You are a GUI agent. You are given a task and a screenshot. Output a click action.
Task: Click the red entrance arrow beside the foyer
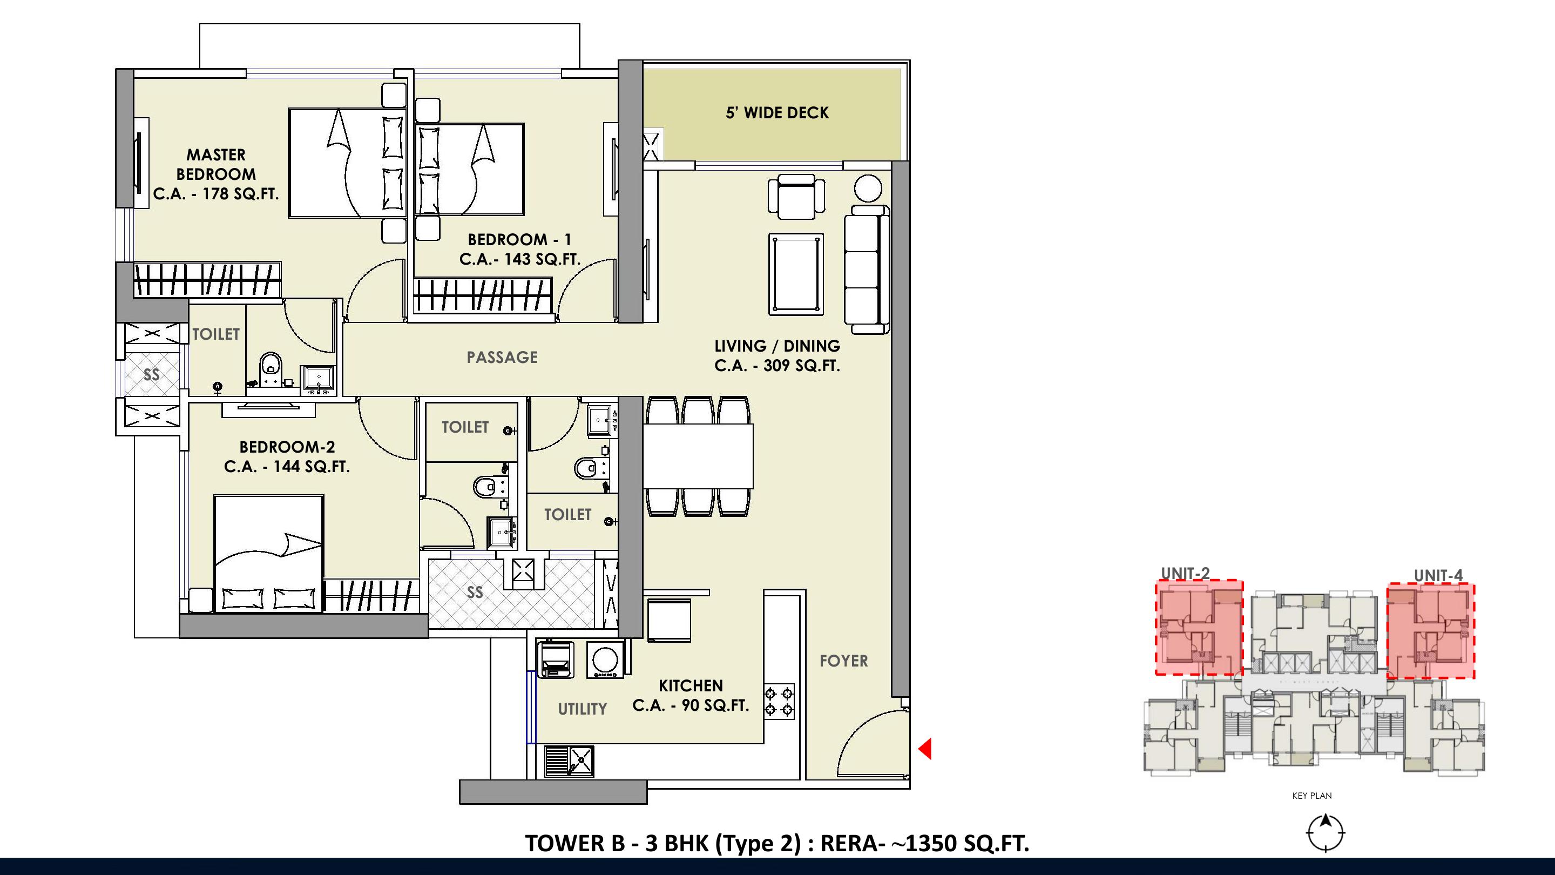(925, 749)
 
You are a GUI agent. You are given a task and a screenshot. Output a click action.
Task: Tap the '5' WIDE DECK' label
(777, 113)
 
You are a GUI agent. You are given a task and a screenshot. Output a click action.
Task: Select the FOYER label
(843, 661)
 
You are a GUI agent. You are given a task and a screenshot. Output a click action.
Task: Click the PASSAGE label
(502, 358)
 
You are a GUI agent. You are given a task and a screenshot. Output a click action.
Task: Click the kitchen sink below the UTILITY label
(569, 761)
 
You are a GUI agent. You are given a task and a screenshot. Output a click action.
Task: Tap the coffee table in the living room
(796, 274)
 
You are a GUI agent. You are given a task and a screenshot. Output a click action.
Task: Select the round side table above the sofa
(868, 189)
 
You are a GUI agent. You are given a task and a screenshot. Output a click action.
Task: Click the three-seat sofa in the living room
(866, 270)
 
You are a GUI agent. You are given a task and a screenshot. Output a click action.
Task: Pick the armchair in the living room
(796, 196)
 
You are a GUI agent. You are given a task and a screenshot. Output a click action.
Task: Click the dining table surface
(698, 456)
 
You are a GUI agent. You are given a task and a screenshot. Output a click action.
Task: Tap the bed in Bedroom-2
(269, 554)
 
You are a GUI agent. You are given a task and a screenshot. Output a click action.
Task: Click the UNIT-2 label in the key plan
(1186, 574)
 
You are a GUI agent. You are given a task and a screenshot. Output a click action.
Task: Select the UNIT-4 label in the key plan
(1438, 575)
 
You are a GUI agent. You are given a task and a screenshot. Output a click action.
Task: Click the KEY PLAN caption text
(1311, 796)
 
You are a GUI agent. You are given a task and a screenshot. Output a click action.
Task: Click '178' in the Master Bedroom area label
(215, 194)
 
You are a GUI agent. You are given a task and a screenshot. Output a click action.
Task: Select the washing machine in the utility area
(604, 659)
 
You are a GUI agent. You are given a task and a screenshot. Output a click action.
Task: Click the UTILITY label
(582, 709)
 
